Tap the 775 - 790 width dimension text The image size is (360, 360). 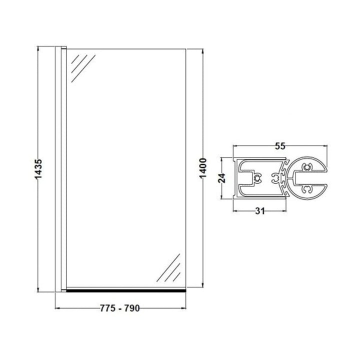pyautogui.click(x=120, y=308)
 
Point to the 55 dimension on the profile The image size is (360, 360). pyautogui.click(x=280, y=146)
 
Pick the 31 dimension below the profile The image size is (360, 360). pyautogui.click(x=258, y=211)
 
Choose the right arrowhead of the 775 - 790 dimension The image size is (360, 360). pyautogui.click(x=184, y=308)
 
